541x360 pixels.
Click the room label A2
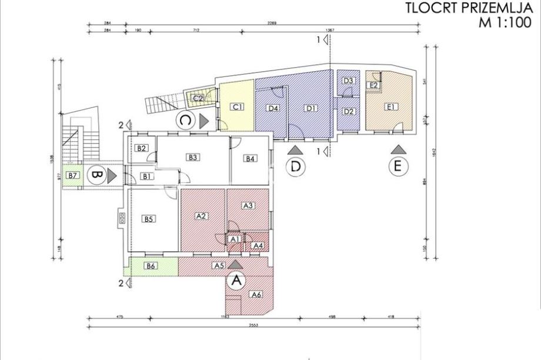point(201,216)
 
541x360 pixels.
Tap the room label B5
point(149,219)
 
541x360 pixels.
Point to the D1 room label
point(311,108)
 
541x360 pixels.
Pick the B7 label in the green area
point(72,175)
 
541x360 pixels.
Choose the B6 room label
point(151,266)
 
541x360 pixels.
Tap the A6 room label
point(256,295)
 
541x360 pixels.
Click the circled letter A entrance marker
point(236,281)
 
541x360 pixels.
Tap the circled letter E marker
point(398,167)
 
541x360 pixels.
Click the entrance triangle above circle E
point(398,149)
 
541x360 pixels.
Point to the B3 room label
point(192,157)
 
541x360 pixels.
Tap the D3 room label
point(348,81)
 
